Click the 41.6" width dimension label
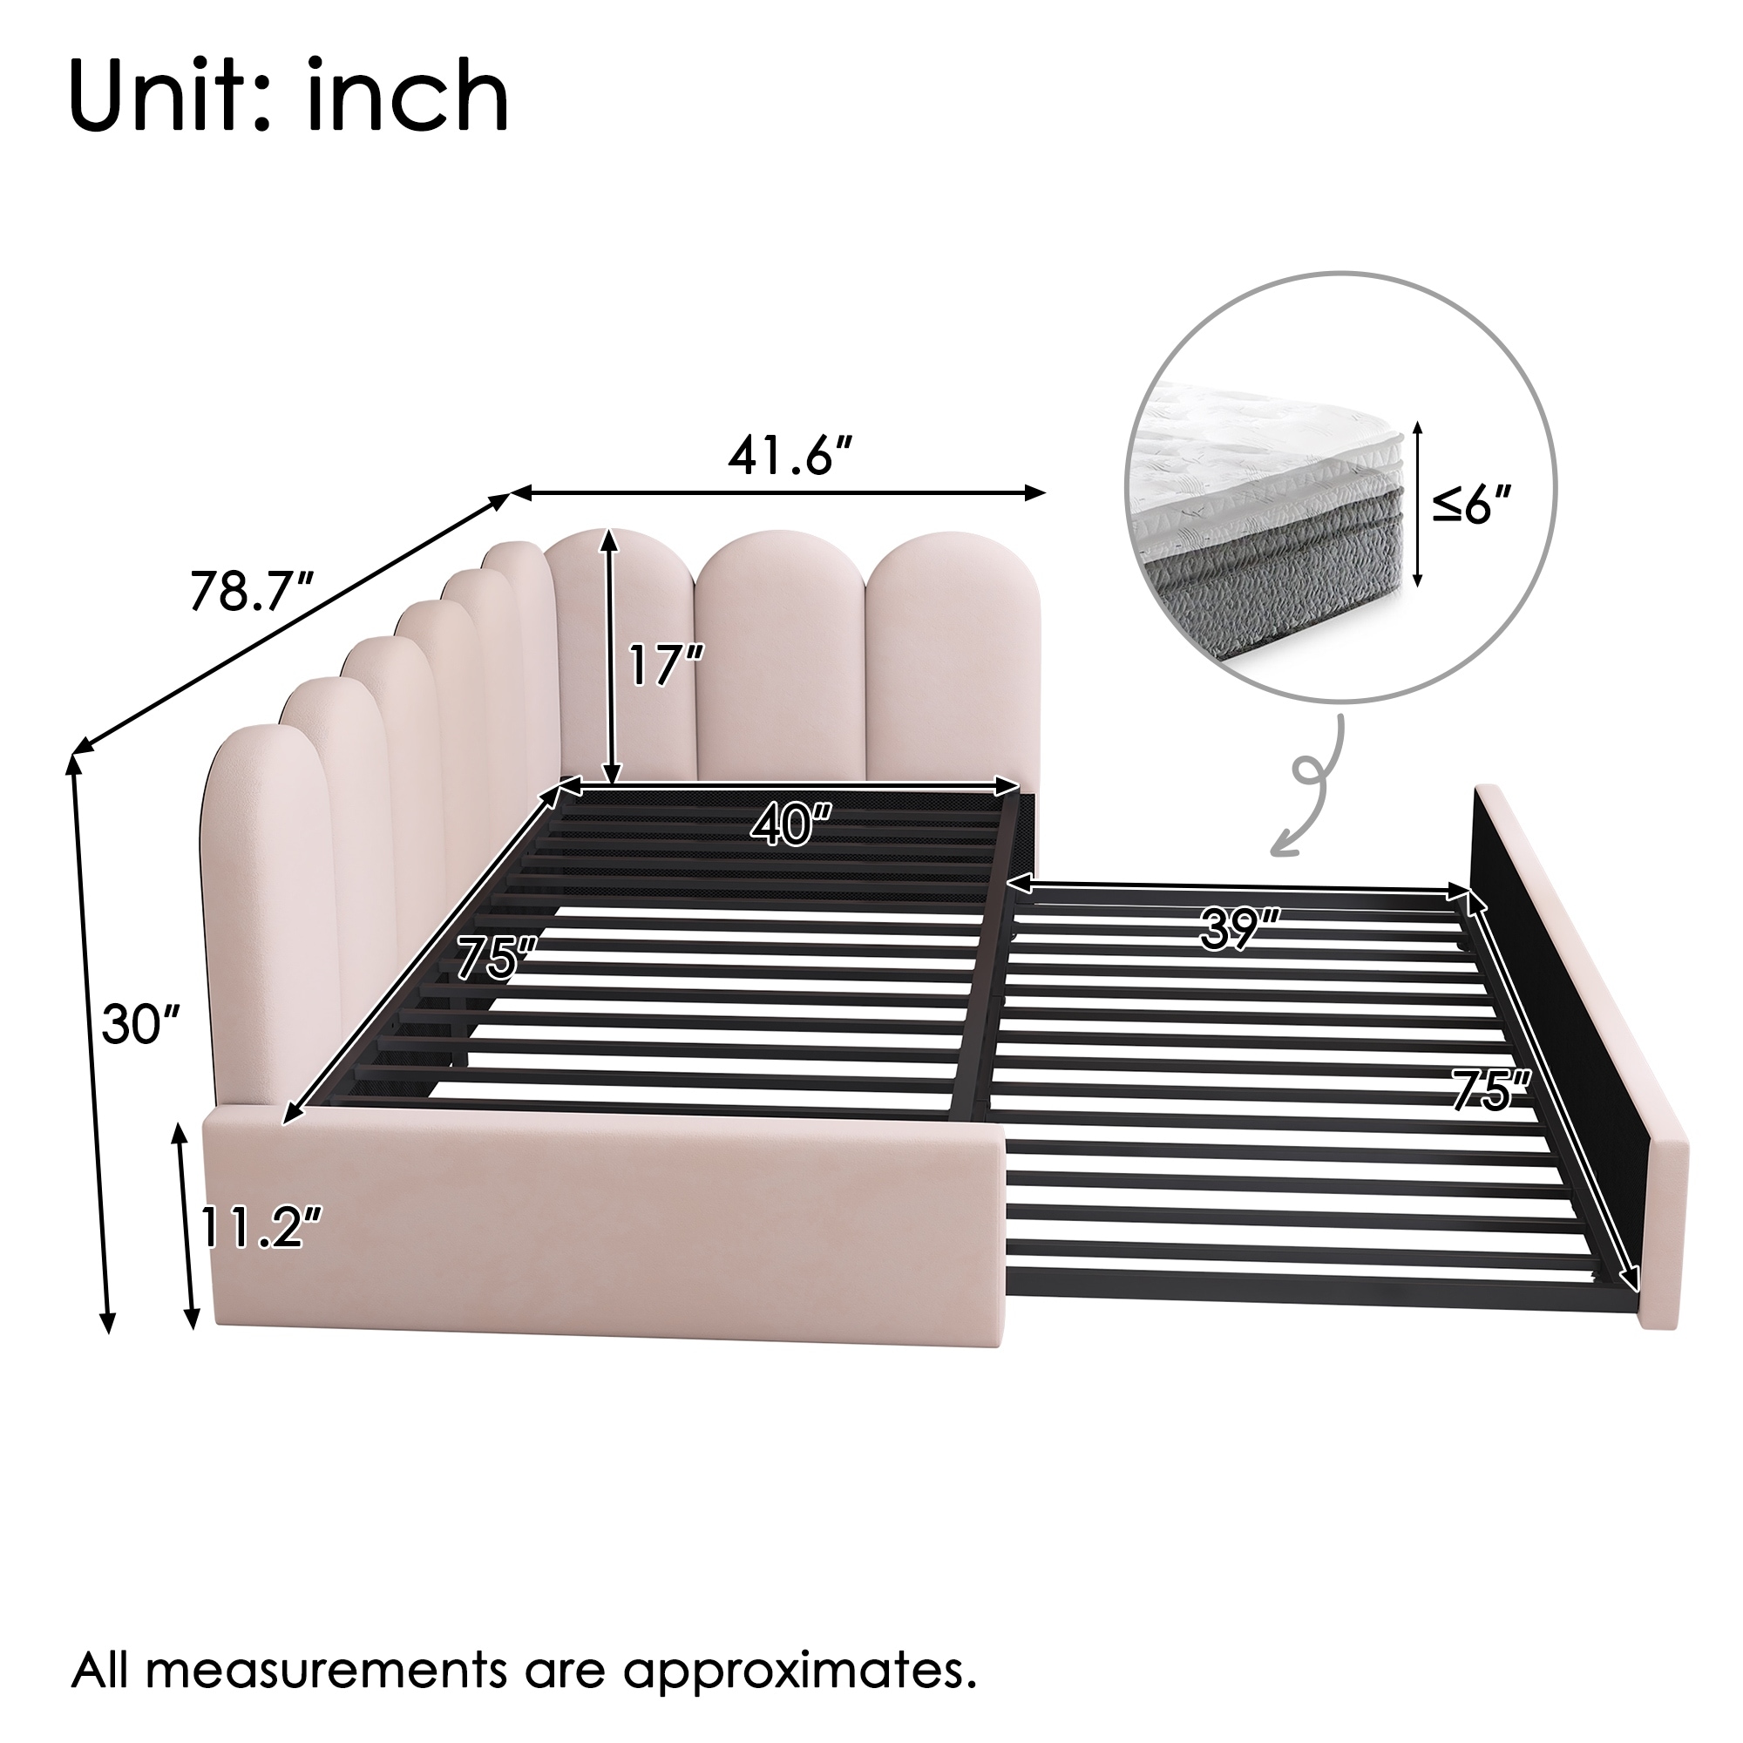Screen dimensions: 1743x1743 (791, 459)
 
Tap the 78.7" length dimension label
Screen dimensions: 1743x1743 (251, 592)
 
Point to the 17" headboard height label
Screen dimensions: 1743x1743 (667, 666)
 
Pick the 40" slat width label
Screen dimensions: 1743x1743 (790, 824)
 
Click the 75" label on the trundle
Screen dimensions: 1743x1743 (1491, 1090)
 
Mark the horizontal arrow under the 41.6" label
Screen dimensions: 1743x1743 (778, 492)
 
